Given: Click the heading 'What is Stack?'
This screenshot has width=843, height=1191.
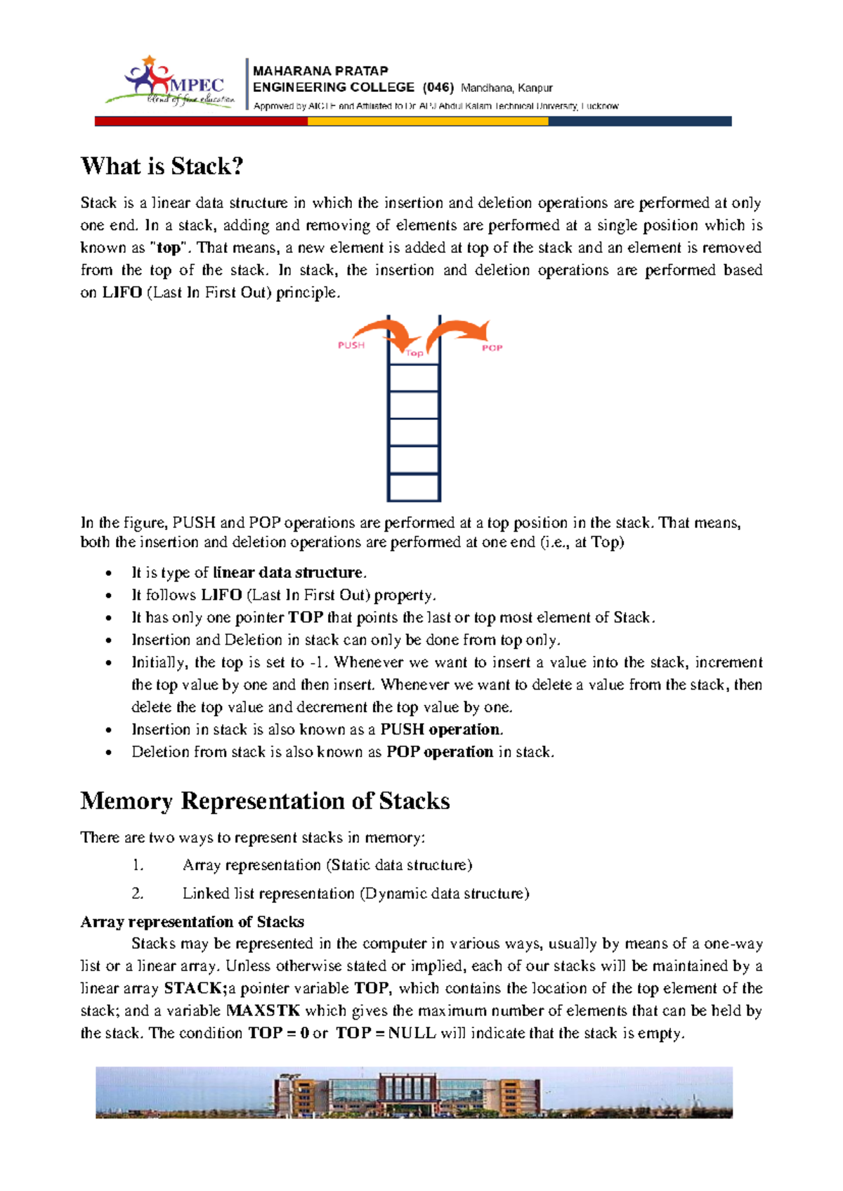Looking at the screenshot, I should point(162,166).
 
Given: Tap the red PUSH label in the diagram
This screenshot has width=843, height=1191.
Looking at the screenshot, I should point(351,345).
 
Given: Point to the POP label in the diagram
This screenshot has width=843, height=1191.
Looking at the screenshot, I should point(492,348).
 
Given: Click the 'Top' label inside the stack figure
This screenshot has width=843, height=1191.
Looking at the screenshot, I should point(414,353).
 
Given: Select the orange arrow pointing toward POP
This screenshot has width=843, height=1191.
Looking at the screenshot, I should point(460,330).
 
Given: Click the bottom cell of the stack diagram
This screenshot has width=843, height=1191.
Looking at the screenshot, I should point(414,487).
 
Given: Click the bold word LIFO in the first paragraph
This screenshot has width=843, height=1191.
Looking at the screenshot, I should point(122,293).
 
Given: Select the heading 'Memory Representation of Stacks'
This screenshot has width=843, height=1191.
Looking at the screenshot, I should point(265,801).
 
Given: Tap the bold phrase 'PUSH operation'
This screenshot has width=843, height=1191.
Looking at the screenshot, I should point(441,730).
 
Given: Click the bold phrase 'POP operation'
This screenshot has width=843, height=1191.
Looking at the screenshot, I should point(440,752).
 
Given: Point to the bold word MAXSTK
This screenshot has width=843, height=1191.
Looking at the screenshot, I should point(263,1011).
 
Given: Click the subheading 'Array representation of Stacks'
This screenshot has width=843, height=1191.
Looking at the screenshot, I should point(192,922).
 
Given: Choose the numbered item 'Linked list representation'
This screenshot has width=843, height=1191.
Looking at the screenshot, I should point(355,894).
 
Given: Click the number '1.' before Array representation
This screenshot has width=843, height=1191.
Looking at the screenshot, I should point(138,865).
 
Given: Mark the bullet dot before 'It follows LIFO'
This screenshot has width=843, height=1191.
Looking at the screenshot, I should point(108,596).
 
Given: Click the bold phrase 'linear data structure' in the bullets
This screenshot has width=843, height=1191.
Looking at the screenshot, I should point(288,573).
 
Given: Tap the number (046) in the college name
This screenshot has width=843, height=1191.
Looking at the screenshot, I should point(438,88).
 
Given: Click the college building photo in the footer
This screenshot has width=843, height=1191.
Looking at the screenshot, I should point(414,1092).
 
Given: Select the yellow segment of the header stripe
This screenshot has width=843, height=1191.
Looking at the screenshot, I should point(428,121).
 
